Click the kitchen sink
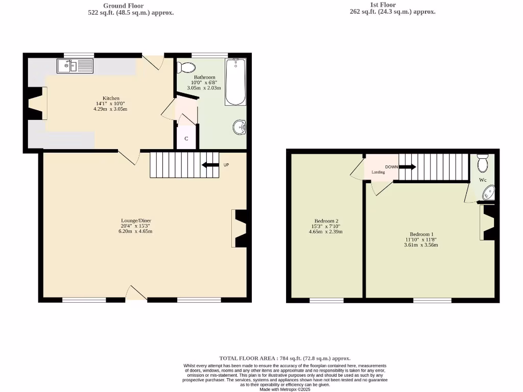coord(75,66)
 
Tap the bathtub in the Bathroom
coord(235,82)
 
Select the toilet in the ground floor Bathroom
coord(187,67)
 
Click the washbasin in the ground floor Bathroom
coord(240,126)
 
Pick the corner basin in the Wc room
coord(488,192)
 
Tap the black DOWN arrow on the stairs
coord(408,167)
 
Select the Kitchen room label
coord(111,99)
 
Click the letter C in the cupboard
coord(186,138)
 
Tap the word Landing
coord(378,173)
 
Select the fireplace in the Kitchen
coord(35,104)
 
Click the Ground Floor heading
coord(131,6)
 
